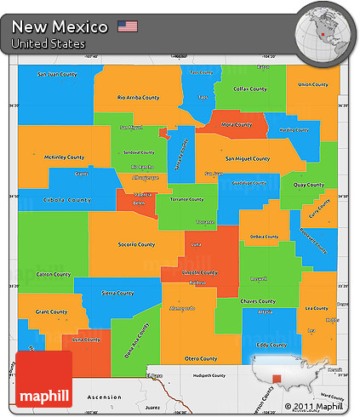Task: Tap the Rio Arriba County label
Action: coord(138,97)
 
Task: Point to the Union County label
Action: coord(313,84)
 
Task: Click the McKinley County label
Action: coord(65,157)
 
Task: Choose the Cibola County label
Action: coord(66,200)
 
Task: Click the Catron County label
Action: coord(54,274)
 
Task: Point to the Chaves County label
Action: coord(257,300)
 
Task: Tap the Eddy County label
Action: coord(271,345)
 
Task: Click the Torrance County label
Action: coord(184,199)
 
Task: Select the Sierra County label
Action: coord(117,293)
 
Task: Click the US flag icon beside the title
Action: coord(128,26)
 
